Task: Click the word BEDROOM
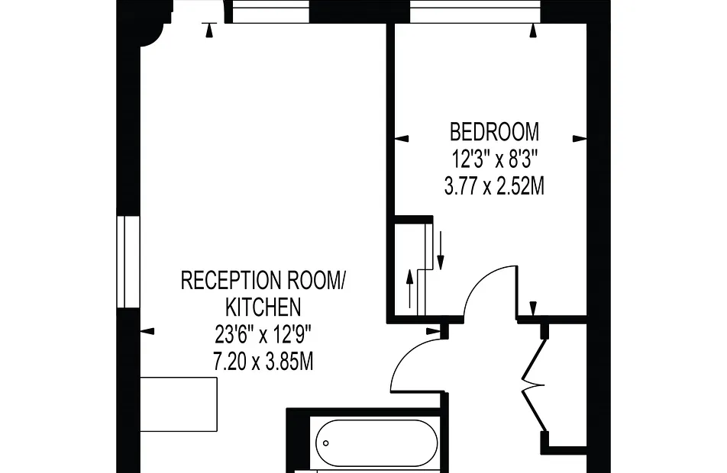click(x=494, y=131)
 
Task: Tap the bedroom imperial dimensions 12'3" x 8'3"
click(x=494, y=160)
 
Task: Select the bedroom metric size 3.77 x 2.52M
click(x=494, y=188)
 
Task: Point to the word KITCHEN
click(x=263, y=307)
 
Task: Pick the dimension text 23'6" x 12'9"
click(x=263, y=334)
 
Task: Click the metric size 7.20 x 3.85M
click(x=263, y=362)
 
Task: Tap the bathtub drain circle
click(x=326, y=443)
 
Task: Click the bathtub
click(x=376, y=443)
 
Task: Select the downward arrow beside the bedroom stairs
click(x=441, y=250)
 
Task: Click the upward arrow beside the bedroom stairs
click(x=409, y=288)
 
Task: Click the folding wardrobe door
click(x=533, y=385)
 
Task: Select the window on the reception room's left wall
click(x=128, y=262)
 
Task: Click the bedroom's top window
click(x=475, y=11)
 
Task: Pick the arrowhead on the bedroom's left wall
click(x=402, y=138)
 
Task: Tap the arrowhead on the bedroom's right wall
click(x=580, y=138)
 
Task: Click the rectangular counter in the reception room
click(x=179, y=404)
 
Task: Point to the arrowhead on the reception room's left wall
click(x=147, y=331)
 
